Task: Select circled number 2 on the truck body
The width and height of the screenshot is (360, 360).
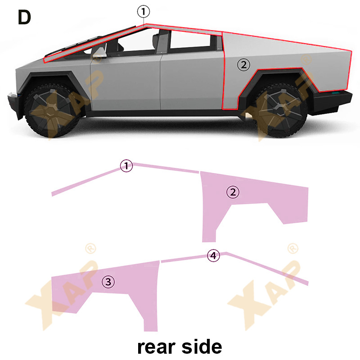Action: (243, 65)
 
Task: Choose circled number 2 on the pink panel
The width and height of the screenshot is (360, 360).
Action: (233, 193)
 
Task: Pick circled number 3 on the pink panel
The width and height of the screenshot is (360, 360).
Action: (108, 282)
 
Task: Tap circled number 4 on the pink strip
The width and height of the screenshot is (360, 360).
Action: (213, 256)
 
